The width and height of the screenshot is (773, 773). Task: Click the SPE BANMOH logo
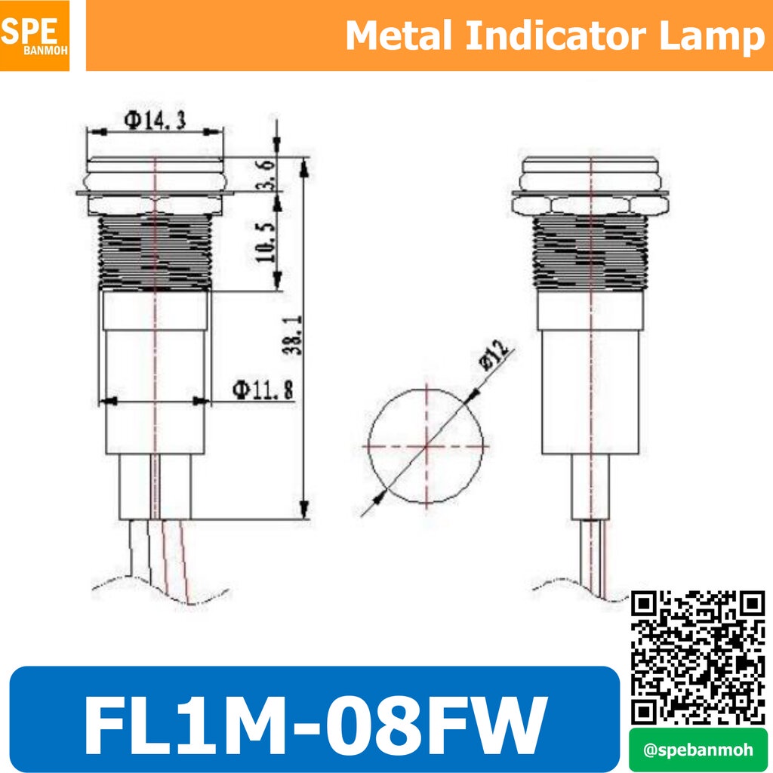pyautogui.click(x=35, y=35)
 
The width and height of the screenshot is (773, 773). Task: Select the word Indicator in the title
pyautogui.click(x=556, y=35)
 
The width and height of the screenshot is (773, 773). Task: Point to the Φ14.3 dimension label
pyautogui.click(x=155, y=120)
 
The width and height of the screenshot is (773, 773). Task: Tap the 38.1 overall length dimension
pyautogui.click(x=293, y=335)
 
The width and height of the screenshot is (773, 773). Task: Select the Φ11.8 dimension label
pyautogui.click(x=263, y=390)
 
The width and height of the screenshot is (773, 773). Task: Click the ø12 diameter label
pyautogui.click(x=494, y=353)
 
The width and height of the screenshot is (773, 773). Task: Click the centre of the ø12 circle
pyautogui.click(x=427, y=447)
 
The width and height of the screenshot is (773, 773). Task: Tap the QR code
pyautogui.click(x=698, y=658)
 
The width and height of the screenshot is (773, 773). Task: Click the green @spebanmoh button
pyautogui.click(x=698, y=750)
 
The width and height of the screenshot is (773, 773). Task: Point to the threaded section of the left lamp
pyautogui.click(x=155, y=251)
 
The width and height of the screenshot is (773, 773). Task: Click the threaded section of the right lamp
pyautogui.click(x=590, y=251)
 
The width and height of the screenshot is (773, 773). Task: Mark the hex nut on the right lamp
pyautogui.click(x=590, y=205)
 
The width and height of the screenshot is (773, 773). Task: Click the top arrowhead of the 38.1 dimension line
pyautogui.click(x=304, y=168)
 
